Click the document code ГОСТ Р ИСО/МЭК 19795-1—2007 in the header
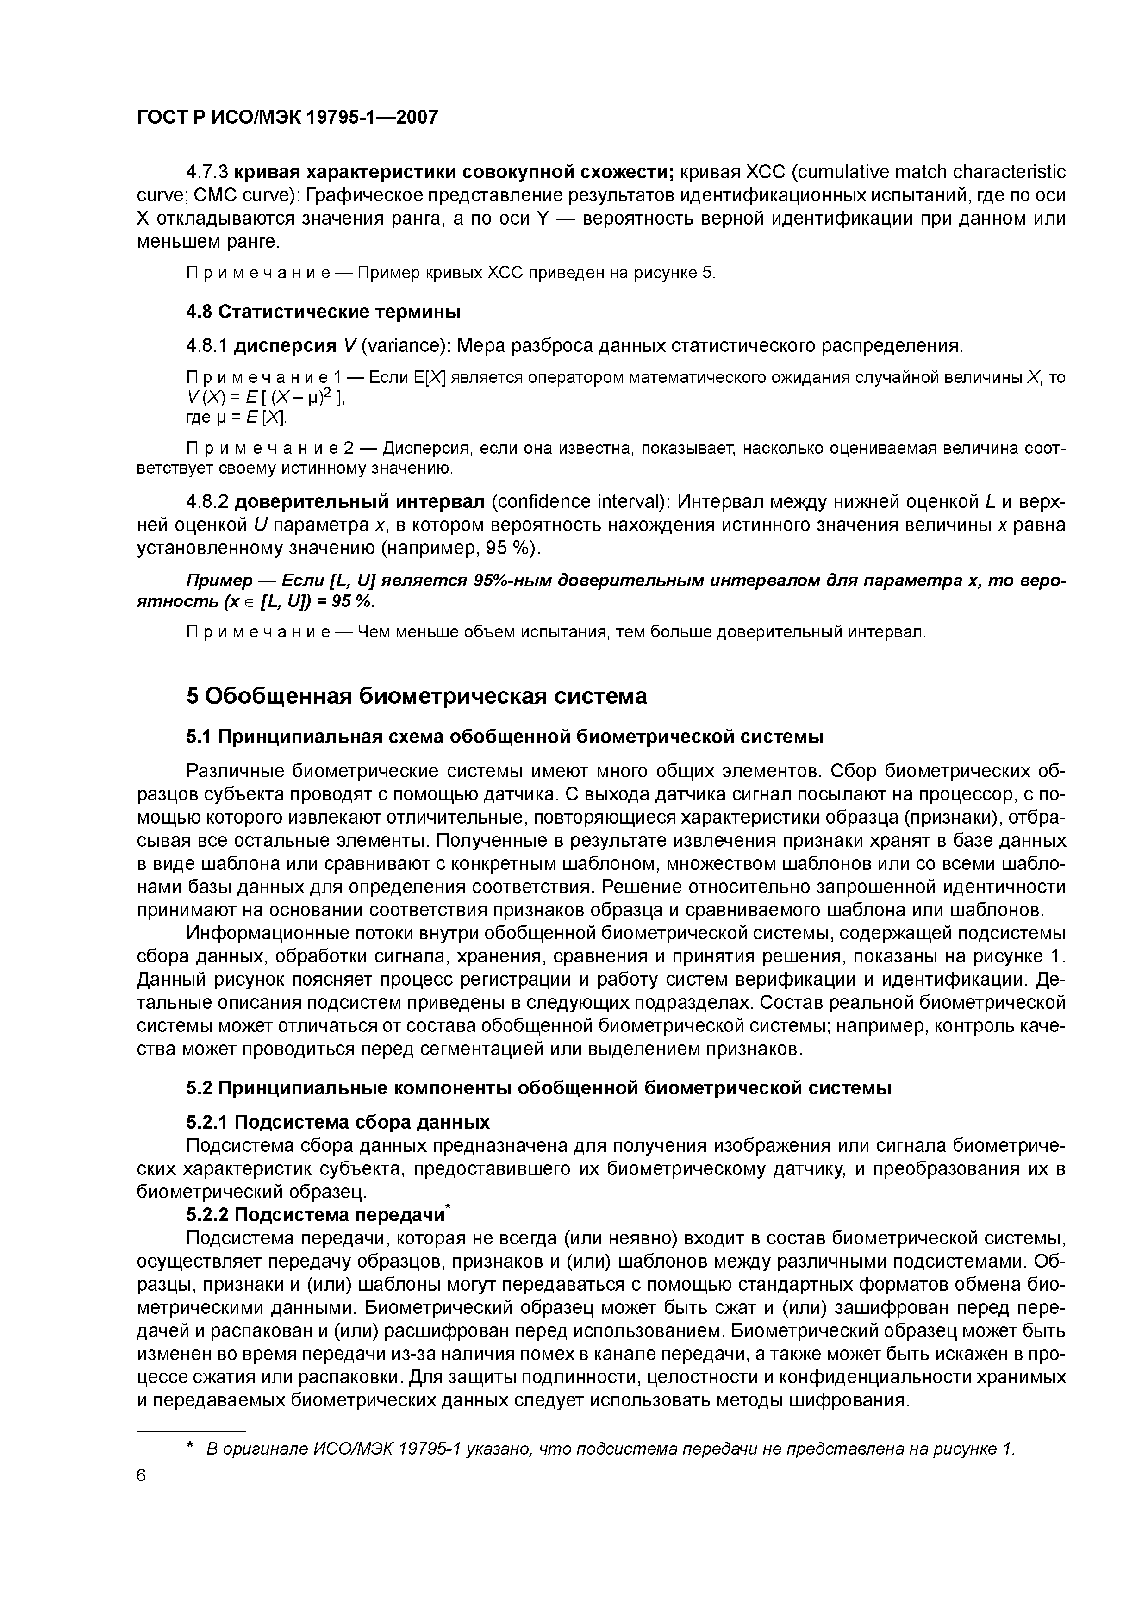pyautogui.click(x=287, y=117)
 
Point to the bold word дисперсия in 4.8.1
pyautogui.click(x=285, y=346)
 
